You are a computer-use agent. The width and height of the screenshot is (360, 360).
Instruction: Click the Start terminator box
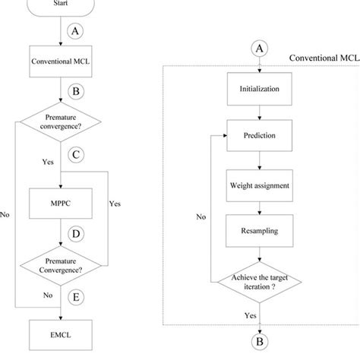pyautogui.click(x=60, y=6)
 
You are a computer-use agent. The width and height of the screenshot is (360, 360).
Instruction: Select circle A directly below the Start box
pyautogui.click(x=74, y=32)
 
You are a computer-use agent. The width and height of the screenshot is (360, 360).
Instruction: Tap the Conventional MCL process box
pyautogui.click(x=60, y=60)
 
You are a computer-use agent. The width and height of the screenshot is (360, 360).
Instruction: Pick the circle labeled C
pyautogui.click(x=74, y=155)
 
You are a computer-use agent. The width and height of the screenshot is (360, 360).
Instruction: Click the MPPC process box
pyautogui.click(x=60, y=204)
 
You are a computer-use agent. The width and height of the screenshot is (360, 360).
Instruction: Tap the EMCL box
pyautogui.click(x=60, y=331)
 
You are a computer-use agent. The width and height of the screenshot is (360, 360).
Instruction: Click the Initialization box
pyautogui.click(x=261, y=89)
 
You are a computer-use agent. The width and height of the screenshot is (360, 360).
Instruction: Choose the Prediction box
pyautogui.click(x=261, y=136)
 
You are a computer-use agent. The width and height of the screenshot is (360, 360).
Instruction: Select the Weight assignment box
pyautogui.click(x=261, y=185)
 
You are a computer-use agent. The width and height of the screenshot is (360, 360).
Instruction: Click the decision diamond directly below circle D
pyautogui.click(x=60, y=262)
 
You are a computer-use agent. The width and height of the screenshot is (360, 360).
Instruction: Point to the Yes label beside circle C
pyautogui.click(x=49, y=162)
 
